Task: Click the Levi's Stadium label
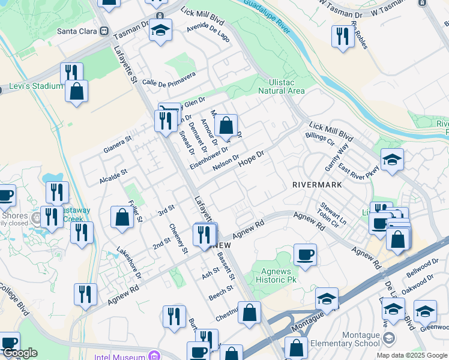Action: pyautogui.click(x=35, y=86)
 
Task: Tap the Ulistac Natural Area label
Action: pyautogui.click(x=281, y=86)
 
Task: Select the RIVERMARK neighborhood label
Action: pyautogui.click(x=317, y=185)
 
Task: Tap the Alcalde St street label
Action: pyautogui.click(x=112, y=173)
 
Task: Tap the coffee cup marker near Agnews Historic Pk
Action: pyautogui.click(x=305, y=254)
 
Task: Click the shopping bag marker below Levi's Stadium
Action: pyautogui.click(x=77, y=92)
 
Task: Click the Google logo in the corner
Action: pyautogui.click(x=19, y=353)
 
